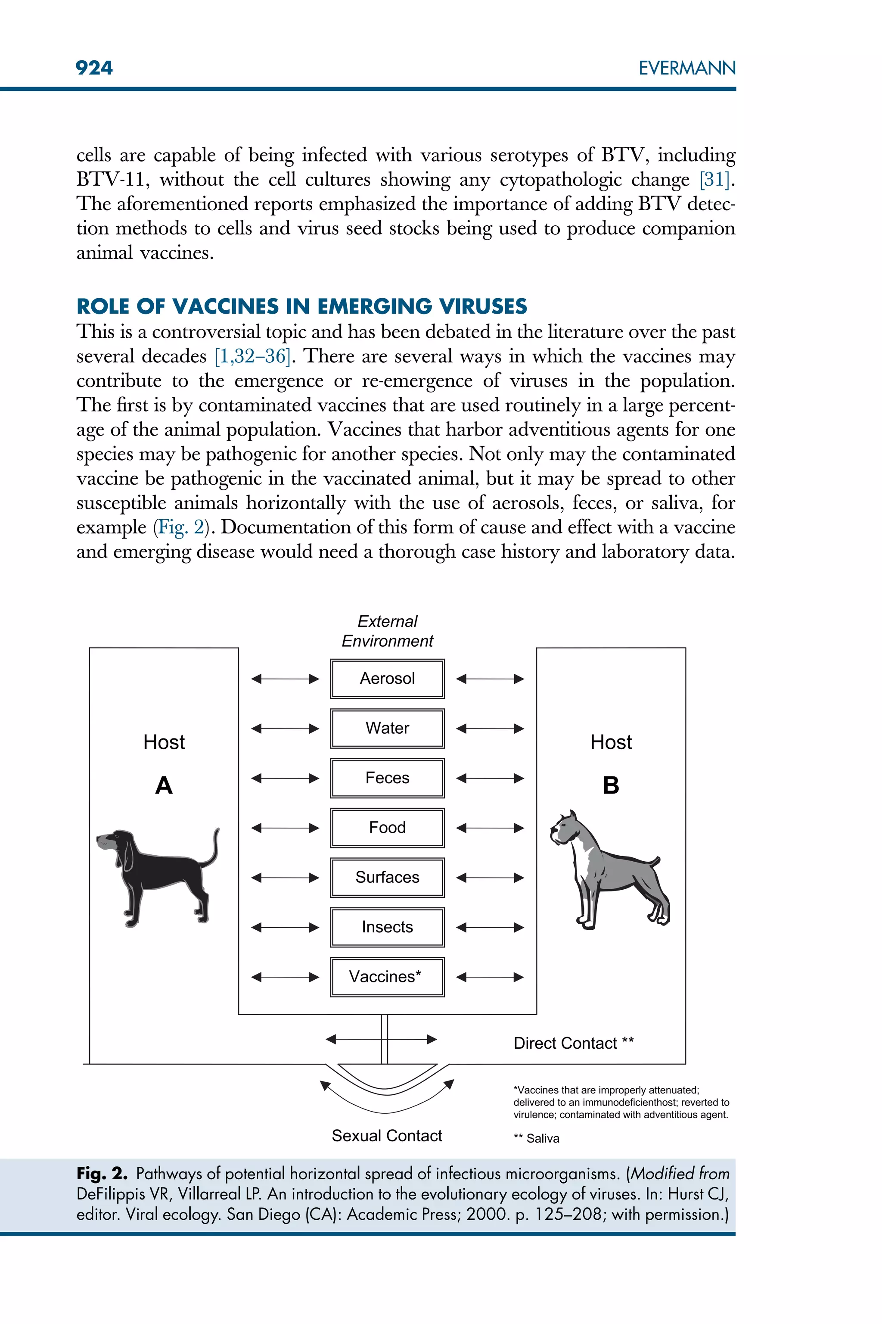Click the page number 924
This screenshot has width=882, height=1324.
pyautogui.click(x=94, y=68)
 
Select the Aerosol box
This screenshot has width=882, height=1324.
pyautogui.click(x=387, y=679)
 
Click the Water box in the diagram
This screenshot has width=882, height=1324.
pyautogui.click(x=387, y=728)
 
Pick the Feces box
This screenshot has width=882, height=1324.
pyautogui.click(x=387, y=778)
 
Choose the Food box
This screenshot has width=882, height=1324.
pyautogui.click(x=387, y=828)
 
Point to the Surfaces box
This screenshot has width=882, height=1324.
pyautogui.click(x=387, y=877)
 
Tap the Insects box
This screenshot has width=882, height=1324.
pyautogui.click(x=387, y=927)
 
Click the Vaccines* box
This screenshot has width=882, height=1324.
pyautogui.click(x=387, y=977)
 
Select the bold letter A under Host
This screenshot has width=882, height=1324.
pyautogui.click(x=164, y=785)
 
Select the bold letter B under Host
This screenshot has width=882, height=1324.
pyautogui.click(x=611, y=785)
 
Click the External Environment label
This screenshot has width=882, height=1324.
pyautogui.click(x=387, y=631)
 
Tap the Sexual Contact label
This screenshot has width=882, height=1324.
pyautogui.click(x=387, y=1135)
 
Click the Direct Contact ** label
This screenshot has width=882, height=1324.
pyautogui.click(x=573, y=1043)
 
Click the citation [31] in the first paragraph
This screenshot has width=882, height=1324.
pyautogui.click(x=715, y=180)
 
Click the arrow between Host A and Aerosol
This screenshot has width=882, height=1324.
pyautogui.click(x=285, y=679)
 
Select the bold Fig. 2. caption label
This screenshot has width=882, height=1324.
pyautogui.click(x=102, y=1173)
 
